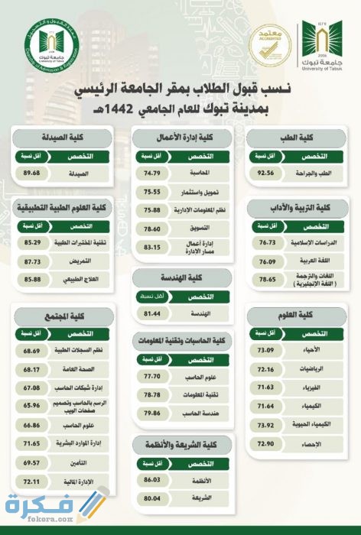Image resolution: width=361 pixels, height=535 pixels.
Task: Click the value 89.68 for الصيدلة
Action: (x=32, y=173)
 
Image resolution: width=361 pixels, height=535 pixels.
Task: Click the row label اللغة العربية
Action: (x=321, y=263)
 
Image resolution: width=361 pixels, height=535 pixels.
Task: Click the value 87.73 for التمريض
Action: (x=32, y=261)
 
